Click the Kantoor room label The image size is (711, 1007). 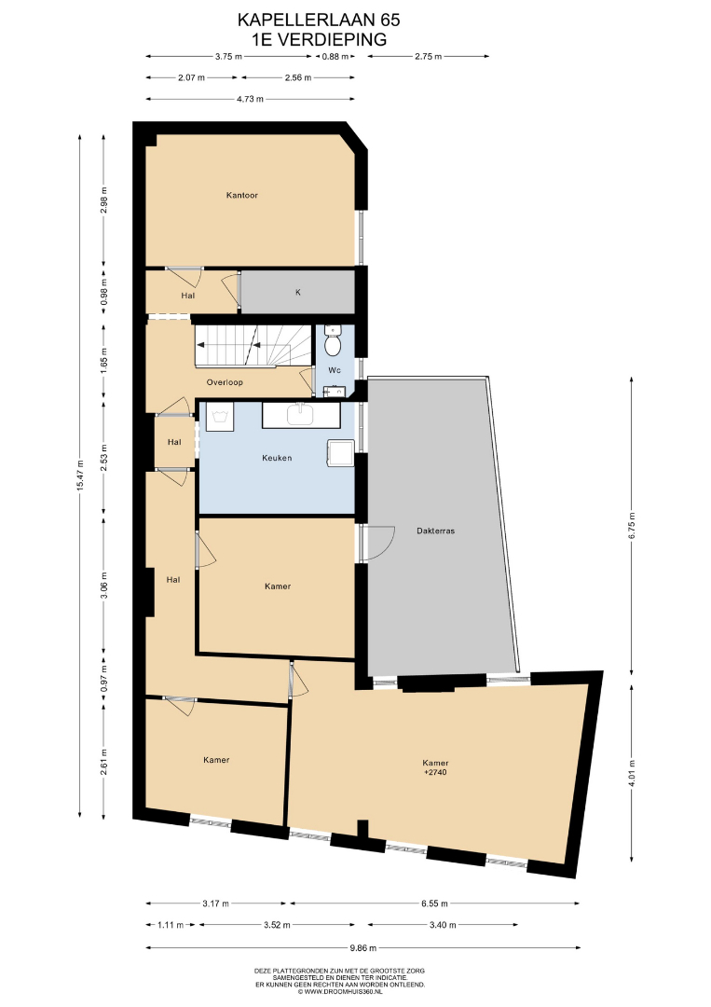[242, 195]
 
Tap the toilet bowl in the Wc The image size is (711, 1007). [333, 343]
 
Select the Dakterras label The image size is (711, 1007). [436, 531]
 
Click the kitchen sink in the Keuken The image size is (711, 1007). [300, 415]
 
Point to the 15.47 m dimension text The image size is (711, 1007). [80, 475]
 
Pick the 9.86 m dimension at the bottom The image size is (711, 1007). [363, 947]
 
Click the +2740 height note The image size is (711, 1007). [436, 772]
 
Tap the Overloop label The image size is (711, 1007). [225, 382]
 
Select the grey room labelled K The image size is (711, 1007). [298, 292]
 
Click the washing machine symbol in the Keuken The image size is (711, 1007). [220, 416]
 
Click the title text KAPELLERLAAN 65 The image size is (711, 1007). [319, 21]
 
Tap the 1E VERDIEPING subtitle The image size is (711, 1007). [320, 40]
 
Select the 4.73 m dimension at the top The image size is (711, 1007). [251, 99]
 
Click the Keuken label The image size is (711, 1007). [277, 458]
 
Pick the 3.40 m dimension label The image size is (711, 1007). [443, 925]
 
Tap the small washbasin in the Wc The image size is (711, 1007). [335, 391]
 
